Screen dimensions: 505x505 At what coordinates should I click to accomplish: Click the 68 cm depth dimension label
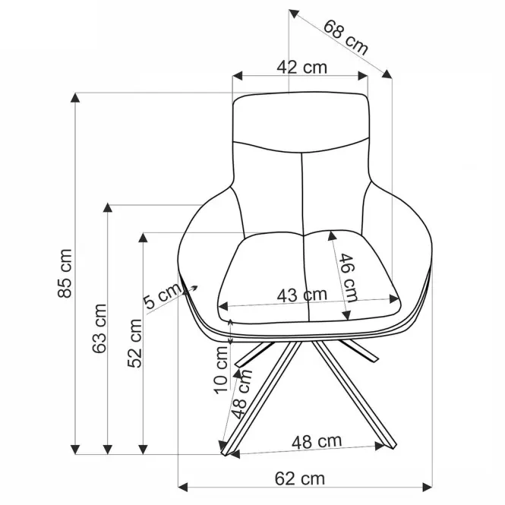point(346,37)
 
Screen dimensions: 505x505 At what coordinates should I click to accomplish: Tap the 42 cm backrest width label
point(301,68)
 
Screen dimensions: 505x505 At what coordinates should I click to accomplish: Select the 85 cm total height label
point(65,273)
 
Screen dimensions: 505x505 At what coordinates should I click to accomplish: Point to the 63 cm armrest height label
point(99,328)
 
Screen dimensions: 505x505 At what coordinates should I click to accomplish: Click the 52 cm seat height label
point(134,343)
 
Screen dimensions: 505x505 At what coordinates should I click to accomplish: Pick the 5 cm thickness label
point(163,295)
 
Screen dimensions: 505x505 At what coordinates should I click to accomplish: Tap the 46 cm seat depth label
point(348,278)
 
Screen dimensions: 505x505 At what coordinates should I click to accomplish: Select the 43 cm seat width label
point(301,295)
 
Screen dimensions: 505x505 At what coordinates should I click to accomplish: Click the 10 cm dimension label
point(222,370)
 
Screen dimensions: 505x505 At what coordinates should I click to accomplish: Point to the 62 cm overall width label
point(300,478)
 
